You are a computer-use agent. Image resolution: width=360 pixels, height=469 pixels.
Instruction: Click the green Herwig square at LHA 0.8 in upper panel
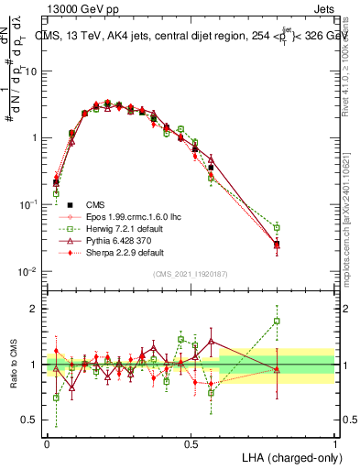[277, 227]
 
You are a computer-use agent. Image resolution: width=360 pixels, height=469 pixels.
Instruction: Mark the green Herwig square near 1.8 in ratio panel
[277, 322]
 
